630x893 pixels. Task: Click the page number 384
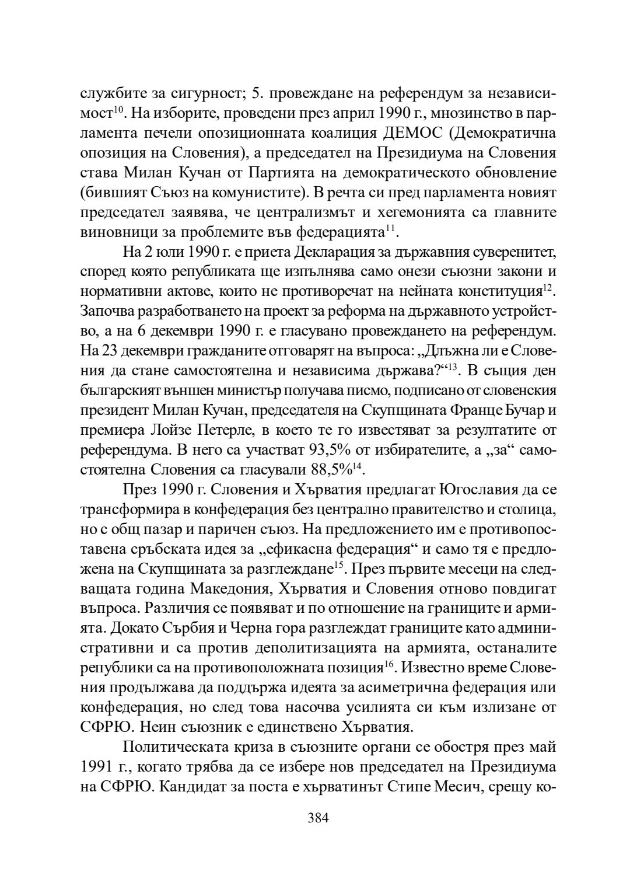318,817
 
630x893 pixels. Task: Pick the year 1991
98,767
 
